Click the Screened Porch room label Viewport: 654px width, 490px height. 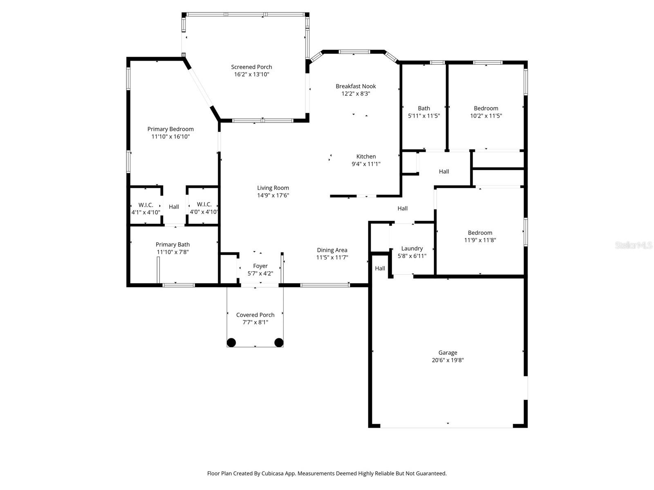(251, 67)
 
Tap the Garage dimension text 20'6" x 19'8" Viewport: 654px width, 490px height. (448, 360)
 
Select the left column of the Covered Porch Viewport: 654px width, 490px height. (231, 343)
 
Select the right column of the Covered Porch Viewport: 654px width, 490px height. (279, 343)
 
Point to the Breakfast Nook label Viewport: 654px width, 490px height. (356, 86)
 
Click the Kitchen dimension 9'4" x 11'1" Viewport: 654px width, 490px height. (366, 164)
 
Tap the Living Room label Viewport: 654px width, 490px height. (273, 188)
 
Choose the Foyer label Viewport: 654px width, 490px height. (260, 266)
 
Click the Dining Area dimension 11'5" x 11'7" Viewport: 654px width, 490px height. (332, 258)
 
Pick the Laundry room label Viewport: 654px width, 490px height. (412, 248)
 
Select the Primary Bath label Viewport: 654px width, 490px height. (172, 245)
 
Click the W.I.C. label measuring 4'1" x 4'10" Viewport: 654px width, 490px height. (146, 205)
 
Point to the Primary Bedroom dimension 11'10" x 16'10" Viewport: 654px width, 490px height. (170, 136)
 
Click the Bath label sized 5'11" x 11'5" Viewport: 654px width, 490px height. (424, 108)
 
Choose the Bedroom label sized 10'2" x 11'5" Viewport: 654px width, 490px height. (486, 108)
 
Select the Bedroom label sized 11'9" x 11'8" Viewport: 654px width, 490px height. (480, 233)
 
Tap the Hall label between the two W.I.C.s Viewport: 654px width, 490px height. (174, 207)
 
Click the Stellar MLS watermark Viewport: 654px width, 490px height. (633, 245)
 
